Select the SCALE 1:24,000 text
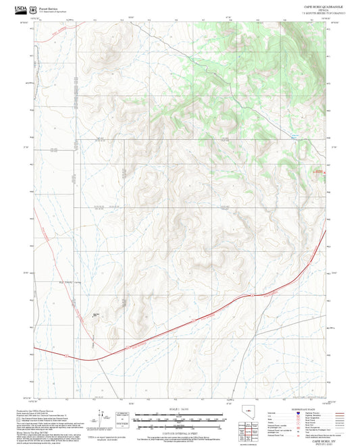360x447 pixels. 179,409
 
